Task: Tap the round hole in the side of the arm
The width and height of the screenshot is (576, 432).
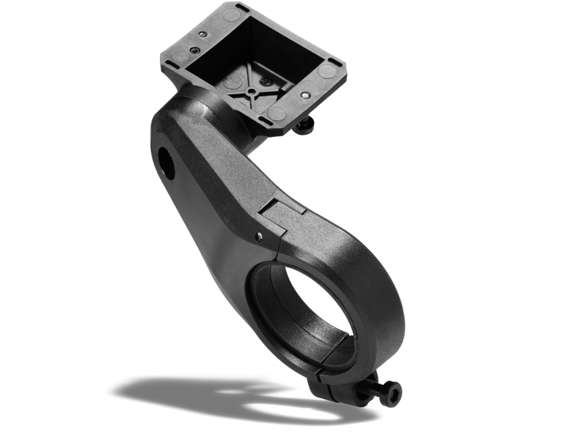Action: click(166, 163)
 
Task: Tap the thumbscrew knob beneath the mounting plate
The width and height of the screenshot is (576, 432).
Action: click(304, 125)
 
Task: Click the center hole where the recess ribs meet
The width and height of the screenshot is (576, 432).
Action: click(252, 92)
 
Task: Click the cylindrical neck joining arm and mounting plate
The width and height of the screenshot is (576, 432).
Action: click(230, 118)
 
